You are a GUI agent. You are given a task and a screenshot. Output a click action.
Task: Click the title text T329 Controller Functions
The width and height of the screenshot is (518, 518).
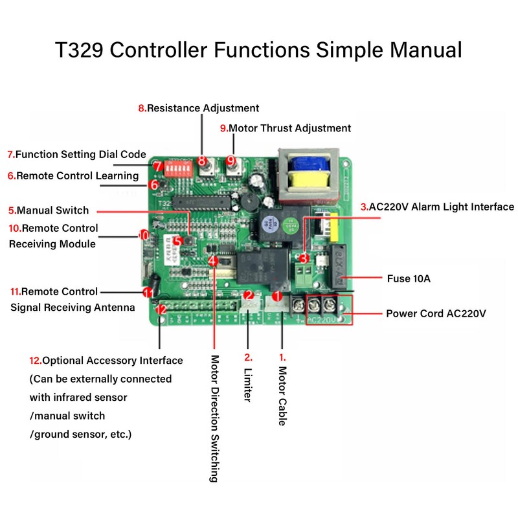258,50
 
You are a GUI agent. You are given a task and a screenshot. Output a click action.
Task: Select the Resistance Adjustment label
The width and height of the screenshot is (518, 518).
198,108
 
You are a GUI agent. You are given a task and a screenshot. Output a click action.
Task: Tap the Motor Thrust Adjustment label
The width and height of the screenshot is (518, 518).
286,128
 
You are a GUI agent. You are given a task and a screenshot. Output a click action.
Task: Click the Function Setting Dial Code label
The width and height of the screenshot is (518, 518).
76,155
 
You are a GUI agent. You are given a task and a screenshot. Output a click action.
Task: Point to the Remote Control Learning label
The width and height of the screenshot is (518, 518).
73,175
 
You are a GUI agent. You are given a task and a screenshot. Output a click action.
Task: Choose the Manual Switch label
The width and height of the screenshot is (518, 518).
49,210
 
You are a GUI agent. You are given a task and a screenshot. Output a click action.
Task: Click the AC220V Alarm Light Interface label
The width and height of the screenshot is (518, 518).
437,207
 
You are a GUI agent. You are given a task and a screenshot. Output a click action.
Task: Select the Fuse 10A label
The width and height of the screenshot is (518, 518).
409,278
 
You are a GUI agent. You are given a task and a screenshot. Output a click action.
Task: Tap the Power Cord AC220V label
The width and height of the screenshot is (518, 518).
436,313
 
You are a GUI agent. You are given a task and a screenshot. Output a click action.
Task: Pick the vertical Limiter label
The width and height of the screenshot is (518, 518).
247,378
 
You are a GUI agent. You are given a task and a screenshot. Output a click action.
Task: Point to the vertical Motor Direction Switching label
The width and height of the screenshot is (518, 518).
214,418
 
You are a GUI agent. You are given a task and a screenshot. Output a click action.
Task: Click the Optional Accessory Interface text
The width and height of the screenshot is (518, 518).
106,360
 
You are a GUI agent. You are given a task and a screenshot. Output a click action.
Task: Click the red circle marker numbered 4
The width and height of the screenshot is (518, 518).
214,261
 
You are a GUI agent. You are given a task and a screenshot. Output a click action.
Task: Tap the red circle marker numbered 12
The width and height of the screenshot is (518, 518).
162,310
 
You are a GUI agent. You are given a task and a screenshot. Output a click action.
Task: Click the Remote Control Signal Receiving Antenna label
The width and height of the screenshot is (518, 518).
65,299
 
